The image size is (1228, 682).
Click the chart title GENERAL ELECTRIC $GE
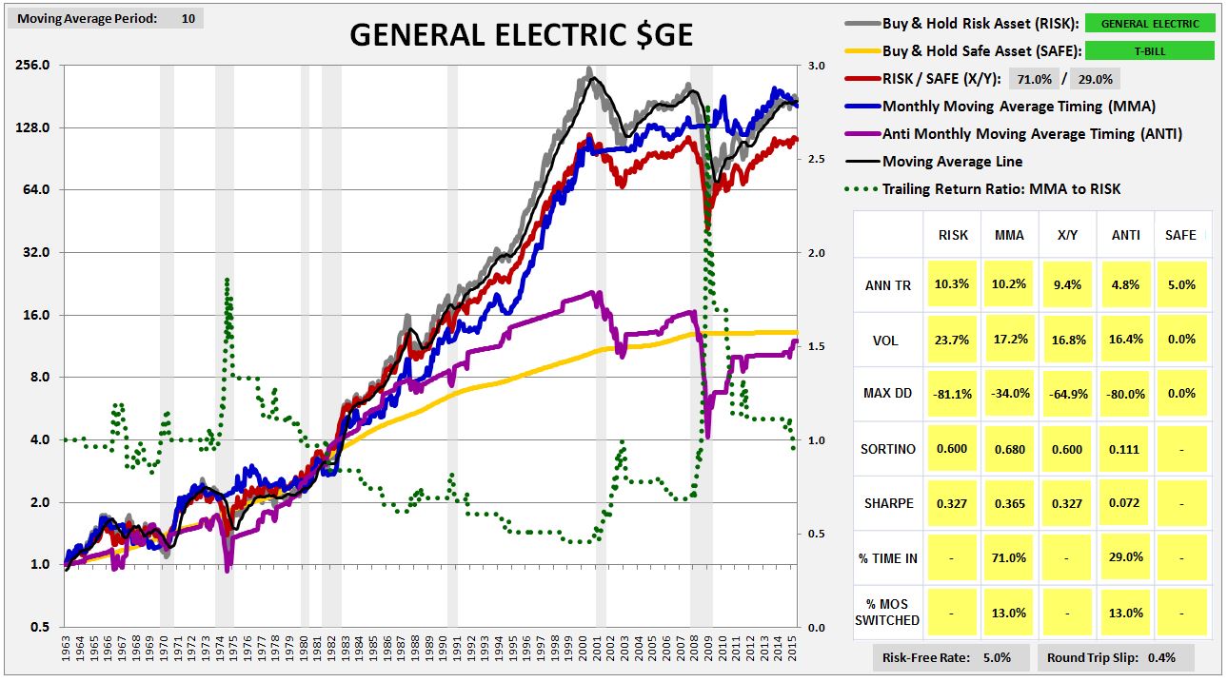click(521, 34)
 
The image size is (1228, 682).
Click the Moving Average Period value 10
click(188, 18)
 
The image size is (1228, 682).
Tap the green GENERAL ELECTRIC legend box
click(1150, 24)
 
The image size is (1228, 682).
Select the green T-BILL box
click(1150, 51)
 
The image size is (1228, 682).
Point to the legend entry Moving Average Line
click(952, 161)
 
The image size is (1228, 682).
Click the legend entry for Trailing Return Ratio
click(1000, 188)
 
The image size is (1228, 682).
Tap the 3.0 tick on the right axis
click(815, 66)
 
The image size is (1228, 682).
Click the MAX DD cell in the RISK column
click(953, 394)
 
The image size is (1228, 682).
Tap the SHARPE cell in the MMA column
click(1009, 503)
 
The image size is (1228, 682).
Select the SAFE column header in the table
click(1180, 235)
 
